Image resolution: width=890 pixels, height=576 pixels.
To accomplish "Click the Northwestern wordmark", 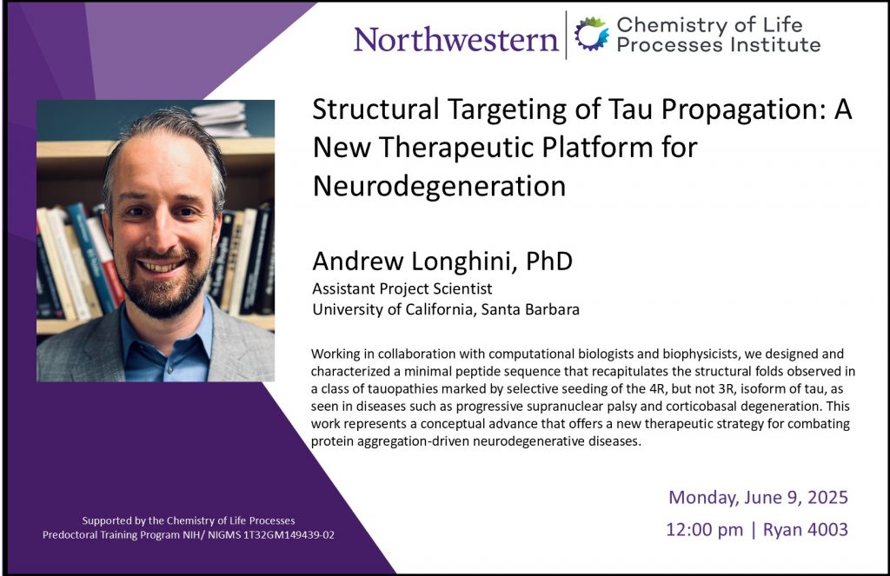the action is click(x=456, y=40).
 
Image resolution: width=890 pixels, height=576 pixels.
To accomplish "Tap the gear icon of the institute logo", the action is click(x=591, y=34).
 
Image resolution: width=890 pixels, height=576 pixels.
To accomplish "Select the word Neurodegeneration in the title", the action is click(x=439, y=186).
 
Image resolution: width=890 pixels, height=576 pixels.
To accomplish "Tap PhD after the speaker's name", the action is click(x=549, y=261).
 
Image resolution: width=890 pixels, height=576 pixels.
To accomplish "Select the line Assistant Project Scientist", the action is click(x=402, y=288).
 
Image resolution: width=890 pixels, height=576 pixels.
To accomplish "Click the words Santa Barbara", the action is click(x=530, y=309).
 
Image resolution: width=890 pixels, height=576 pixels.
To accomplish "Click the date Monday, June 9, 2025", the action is click(x=758, y=497).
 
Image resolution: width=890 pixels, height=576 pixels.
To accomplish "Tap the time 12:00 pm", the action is click(x=704, y=529).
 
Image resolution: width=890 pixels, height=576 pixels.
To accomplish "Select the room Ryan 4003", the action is click(x=806, y=529).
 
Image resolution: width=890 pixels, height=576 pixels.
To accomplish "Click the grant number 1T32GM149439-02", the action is click(x=289, y=534).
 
